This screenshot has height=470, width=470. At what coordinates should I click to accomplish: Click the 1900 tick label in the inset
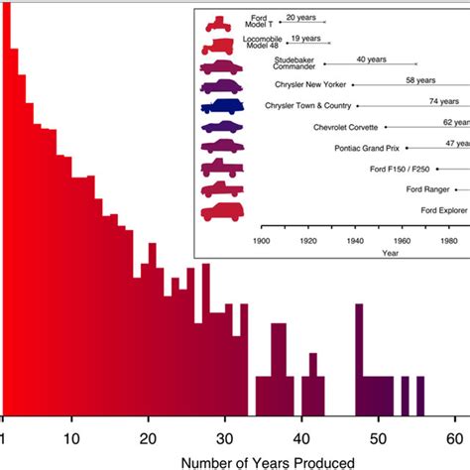263,240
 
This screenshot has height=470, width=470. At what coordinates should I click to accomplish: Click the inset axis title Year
392,254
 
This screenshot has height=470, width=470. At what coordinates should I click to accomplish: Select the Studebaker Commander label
294,63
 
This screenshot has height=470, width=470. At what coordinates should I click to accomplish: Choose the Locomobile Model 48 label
261,43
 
